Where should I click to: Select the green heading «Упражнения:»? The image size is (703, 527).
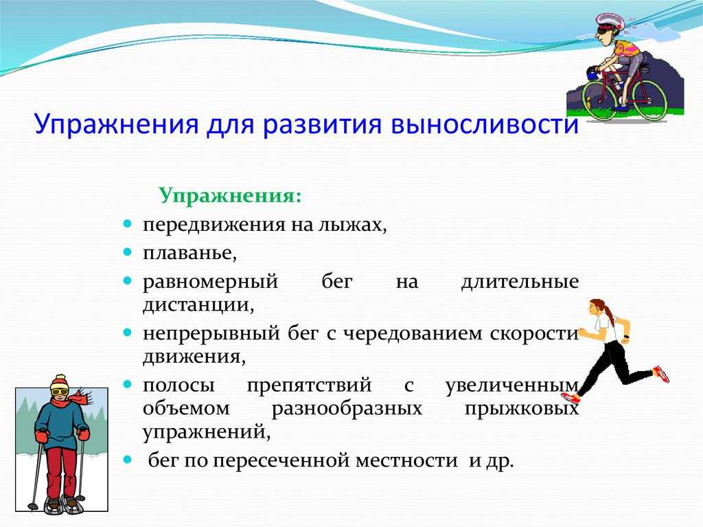(x=230, y=197)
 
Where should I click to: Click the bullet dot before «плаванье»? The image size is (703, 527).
(x=128, y=252)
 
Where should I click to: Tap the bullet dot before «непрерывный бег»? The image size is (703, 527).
(x=128, y=333)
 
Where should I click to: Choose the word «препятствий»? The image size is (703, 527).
(x=309, y=385)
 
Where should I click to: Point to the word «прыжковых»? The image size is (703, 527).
(x=522, y=410)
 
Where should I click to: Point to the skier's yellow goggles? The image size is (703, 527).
(x=59, y=392)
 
